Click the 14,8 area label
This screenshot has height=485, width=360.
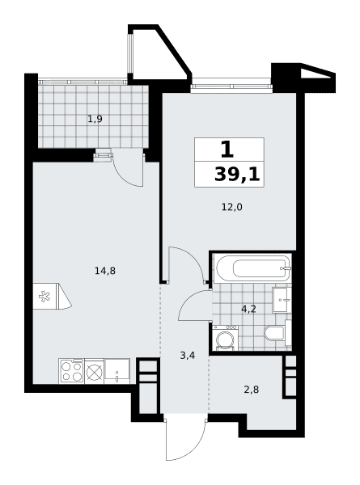[x=105, y=271]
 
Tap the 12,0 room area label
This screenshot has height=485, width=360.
[x=232, y=207]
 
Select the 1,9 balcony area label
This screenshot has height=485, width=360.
[x=95, y=119]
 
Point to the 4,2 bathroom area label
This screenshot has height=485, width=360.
[x=248, y=309]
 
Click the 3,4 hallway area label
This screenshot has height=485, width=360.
[x=187, y=356]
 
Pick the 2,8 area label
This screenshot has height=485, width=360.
[x=251, y=390]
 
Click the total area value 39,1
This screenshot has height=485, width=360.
[x=237, y=175]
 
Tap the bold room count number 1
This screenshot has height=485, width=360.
[x=227, y=149]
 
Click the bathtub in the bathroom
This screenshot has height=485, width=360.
[x=253, y=268]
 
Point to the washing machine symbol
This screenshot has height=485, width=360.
[x=226, y=338]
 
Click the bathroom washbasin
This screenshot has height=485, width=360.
[x=282, y=300]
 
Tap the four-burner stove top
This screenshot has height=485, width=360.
[x=71, y=371]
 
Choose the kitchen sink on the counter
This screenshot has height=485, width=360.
[x=117, y=371]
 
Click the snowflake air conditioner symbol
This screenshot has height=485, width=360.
[x=44, y=297]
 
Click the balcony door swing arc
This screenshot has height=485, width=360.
[x=124, y=175]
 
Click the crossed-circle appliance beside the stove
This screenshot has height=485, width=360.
[x=94, y=371]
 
